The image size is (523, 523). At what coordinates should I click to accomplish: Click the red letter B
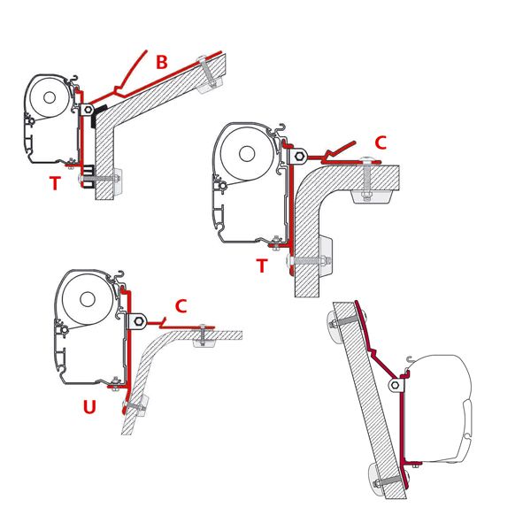tap(162, 62)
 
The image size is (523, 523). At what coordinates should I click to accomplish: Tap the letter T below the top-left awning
tap(56, 183)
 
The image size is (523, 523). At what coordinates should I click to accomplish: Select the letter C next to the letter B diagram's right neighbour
tap(381, 142)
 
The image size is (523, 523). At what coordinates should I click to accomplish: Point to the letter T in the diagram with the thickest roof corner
tap(262, 265)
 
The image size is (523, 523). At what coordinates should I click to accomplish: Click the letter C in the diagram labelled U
tap(181, 306)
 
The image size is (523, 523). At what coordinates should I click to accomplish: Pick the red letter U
tap(89, 406)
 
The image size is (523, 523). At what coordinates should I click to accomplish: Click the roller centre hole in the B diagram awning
tap(50, 97)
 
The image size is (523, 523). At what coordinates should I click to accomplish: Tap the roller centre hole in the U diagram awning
tap(88, 300)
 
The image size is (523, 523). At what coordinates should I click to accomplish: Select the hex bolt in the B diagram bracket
tap(88, 109)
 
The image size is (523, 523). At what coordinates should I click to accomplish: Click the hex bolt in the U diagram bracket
tap(139, 322)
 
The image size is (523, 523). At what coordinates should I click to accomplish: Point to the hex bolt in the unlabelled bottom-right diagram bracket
tap(396, 385)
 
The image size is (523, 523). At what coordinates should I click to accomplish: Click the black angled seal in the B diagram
tap(98, 116)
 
